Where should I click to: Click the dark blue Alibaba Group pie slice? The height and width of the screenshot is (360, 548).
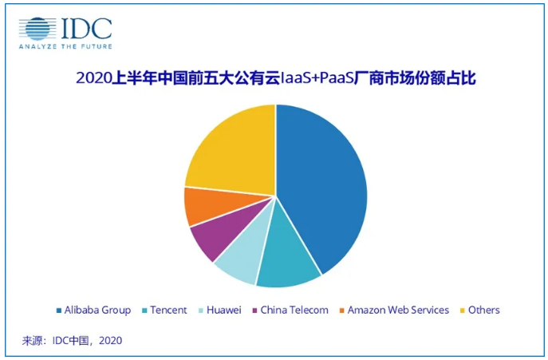click(x=323, y=188)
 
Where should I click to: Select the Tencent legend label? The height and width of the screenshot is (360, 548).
click(x=168, y=310)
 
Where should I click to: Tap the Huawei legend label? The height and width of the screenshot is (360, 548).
click(x=224, y=310)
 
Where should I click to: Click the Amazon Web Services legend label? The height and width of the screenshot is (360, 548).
click(x=399, y=310)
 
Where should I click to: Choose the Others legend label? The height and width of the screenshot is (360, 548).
click(x=484, y=310)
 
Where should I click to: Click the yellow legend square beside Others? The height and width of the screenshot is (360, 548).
click(x=463, y=311)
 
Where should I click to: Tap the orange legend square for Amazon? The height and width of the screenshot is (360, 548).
click(x=342, y=311)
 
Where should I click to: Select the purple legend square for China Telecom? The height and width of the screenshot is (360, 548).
click(x=254, y=311)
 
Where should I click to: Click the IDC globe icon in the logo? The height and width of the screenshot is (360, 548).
click(x=38, y=29)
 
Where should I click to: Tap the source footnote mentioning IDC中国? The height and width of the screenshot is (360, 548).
click(x=72, y=341)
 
